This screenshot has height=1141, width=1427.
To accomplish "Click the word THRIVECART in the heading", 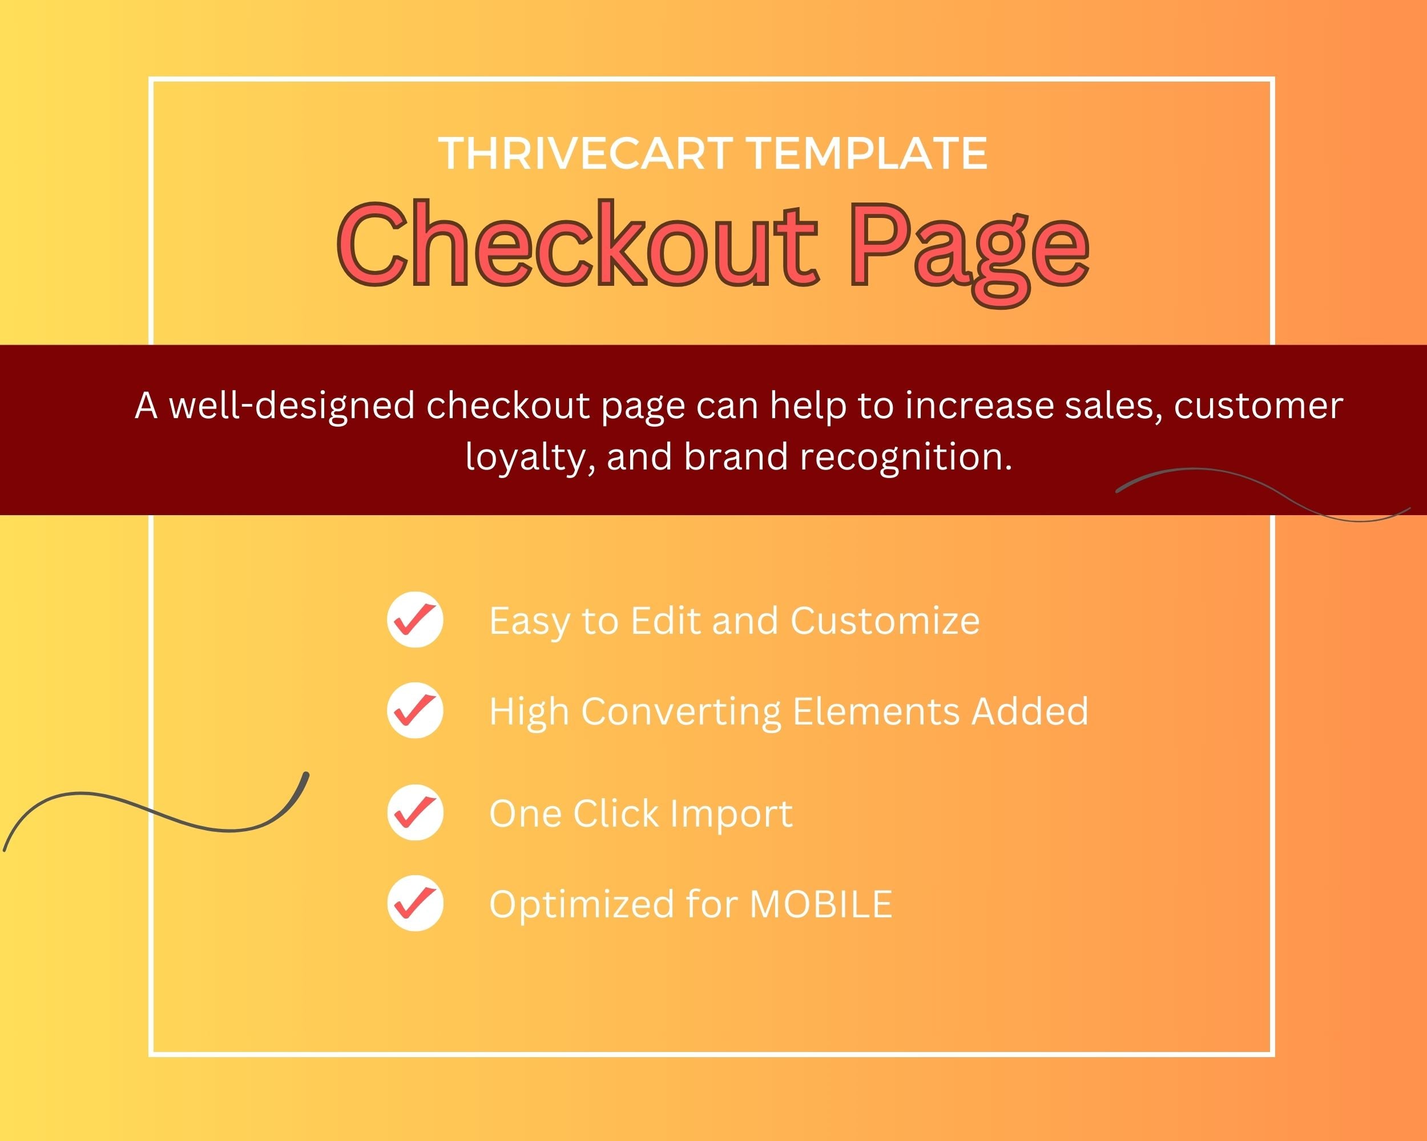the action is click(x=585, y=153).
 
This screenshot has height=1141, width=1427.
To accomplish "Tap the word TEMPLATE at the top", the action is click(x=867, y=153).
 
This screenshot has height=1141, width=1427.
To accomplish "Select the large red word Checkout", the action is click(x=578, y=244).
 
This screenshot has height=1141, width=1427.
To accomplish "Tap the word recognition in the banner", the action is click(x=905, y=457).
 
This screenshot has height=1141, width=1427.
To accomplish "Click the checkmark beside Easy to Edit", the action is click(x=415, y=619).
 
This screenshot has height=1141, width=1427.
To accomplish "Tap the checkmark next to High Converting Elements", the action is click(x=415, y=710).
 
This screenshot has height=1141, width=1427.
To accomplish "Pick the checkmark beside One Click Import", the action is click(x=415, y=812).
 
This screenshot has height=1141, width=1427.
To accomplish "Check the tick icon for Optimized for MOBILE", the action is click(x=415, y=903).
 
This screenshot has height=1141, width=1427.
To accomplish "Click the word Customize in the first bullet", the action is click(x=885, y=621).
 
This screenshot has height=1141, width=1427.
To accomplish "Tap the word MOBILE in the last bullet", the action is click(x=821, y=904).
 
